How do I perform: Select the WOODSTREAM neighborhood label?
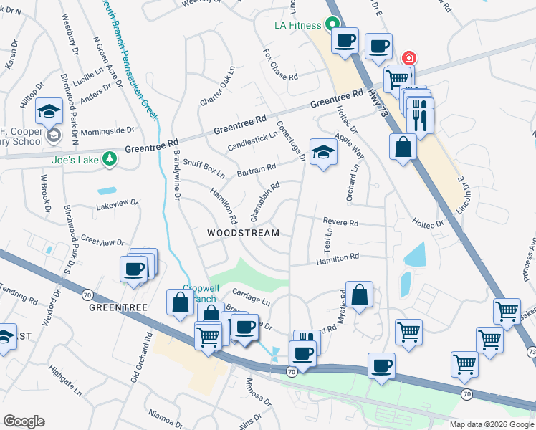(x=243, y=233)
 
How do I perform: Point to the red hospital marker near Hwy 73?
(x=408, y=57)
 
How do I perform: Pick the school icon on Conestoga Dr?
(x=324, y=152)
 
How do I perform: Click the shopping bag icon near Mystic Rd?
(x=360, y=295)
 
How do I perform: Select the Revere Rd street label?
(x=340, y=222)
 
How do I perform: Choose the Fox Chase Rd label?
(x=281, y=64)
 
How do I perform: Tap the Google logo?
(x=24, y=421)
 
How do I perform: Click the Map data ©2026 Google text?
(x=491, y=424)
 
